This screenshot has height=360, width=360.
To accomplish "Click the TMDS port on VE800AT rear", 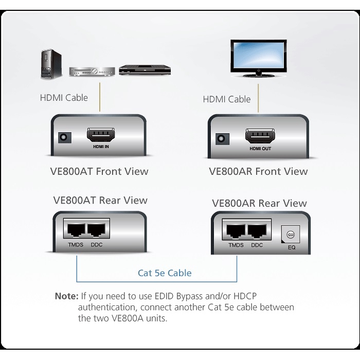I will tap(74, 230).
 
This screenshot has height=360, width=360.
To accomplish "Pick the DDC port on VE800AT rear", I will tap(96, 230).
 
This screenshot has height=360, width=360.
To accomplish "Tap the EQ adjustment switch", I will tap(290, 235).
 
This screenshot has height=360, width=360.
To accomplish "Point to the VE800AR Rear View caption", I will tap(259, 203).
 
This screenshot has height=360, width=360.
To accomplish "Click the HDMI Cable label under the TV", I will tap(227, 99).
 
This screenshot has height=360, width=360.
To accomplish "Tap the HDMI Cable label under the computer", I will tap(64, 97).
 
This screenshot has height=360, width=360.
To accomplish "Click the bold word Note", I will tap(66, 297).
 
